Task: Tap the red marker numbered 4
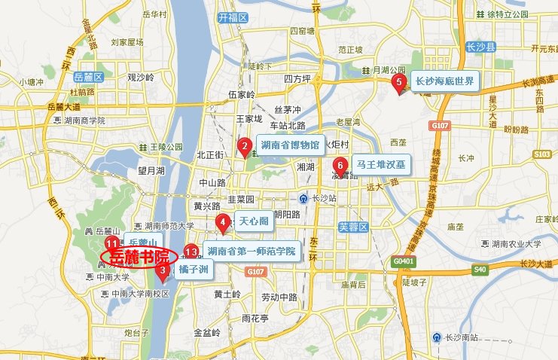tap(223, 222)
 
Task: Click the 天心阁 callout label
tap(252, 221)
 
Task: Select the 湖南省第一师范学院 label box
tap(252, 251)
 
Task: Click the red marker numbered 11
tap(111, 244)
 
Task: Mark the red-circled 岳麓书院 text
tap(139, 257)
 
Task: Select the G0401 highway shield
tap(403, 260)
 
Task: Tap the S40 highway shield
tap(480, 270)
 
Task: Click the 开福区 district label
tap(231, 16)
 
